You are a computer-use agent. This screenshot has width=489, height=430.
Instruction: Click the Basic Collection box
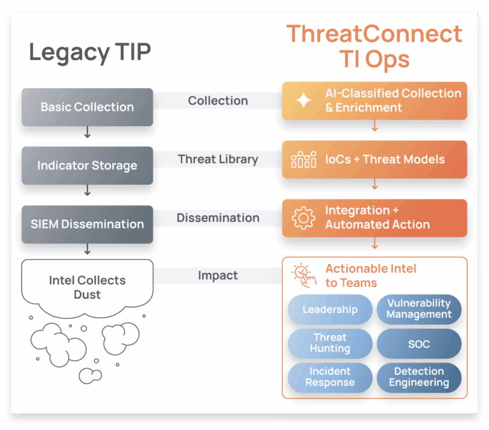pos(87,107)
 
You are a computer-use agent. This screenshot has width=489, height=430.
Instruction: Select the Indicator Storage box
pos(87,166)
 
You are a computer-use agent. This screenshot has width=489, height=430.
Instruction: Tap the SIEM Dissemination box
pos(87,224)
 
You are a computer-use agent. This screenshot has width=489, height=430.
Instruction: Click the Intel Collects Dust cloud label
pos(87,287)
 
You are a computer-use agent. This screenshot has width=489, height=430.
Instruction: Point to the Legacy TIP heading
pos(90,52)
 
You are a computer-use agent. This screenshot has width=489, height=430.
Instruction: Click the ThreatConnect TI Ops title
pos(374,46)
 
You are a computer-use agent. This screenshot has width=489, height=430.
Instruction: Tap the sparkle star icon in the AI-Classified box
pos(304,101)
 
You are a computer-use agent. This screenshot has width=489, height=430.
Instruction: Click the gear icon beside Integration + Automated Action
pos(304,218)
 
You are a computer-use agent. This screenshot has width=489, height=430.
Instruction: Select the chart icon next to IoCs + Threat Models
pos(304,159)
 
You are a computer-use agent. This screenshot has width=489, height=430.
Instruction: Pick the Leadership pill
pos(330,309)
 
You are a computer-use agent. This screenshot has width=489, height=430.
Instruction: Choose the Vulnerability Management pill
pos(419,309)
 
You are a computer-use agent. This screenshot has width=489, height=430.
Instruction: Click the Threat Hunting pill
pos(330,343)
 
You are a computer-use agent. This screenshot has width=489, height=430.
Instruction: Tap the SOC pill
pos(419,343)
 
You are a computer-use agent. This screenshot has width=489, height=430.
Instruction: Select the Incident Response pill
pos(330,377)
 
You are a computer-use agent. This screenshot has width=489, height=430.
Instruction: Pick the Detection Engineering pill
pos(419,377)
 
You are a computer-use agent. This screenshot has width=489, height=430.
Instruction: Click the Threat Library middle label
pos(218,159)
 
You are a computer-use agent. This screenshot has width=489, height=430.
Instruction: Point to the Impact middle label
pos(218,276)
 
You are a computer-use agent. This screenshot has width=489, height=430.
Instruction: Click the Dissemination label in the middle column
pos(218,218)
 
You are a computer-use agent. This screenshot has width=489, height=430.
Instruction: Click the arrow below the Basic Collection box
pos(87,132)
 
